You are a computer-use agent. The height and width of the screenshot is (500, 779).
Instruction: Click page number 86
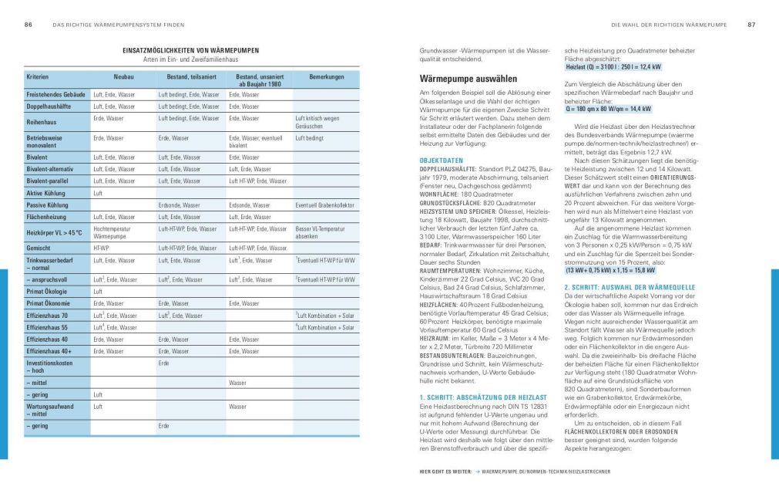pyautogui.click(x=28, y=25)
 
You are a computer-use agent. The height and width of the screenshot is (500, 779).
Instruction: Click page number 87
pyautogui.click(x=751, y=25)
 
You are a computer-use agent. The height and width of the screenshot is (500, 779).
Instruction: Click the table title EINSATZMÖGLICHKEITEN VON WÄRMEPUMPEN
pyautogui.click(x=190, y=51)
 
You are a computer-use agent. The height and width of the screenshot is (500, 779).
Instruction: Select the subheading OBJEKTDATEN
pyautogui.click(x=441, y=160)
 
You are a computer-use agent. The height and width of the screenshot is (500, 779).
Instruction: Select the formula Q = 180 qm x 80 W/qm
pyautogui.click(x=609, y=109)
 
